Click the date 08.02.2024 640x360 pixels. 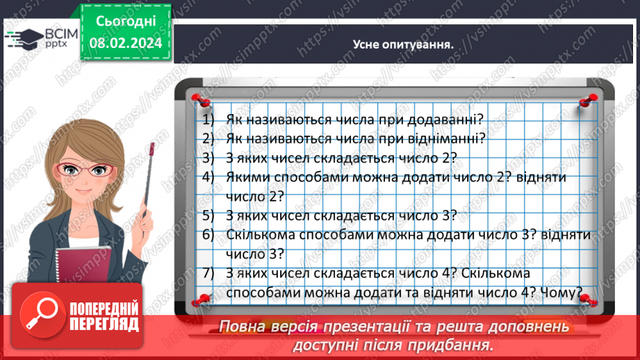[x=126, y=43]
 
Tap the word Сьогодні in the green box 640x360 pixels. [x=126, y=22]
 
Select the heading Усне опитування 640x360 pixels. [x=403, y=44]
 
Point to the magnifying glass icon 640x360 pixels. [x=41, y=314]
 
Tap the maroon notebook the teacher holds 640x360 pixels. [x=83, y=265]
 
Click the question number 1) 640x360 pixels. [x=208, y=120]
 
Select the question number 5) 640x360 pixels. [x=208, y=215]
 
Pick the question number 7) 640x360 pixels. [x=208, y=273]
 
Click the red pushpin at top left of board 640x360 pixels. [x=201, y=100]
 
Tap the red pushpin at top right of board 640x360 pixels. [x=588, y=100]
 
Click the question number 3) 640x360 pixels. [x=208, y=158]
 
